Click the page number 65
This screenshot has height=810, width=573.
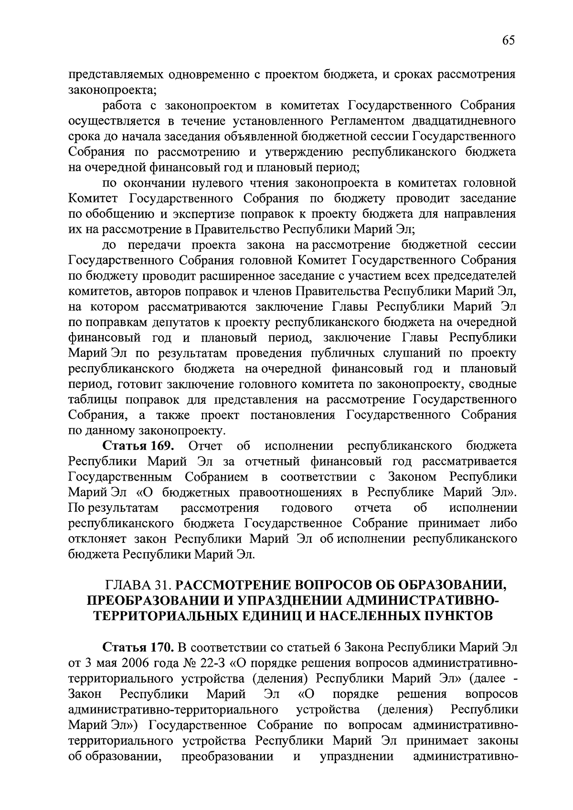(x=509, y=41)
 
